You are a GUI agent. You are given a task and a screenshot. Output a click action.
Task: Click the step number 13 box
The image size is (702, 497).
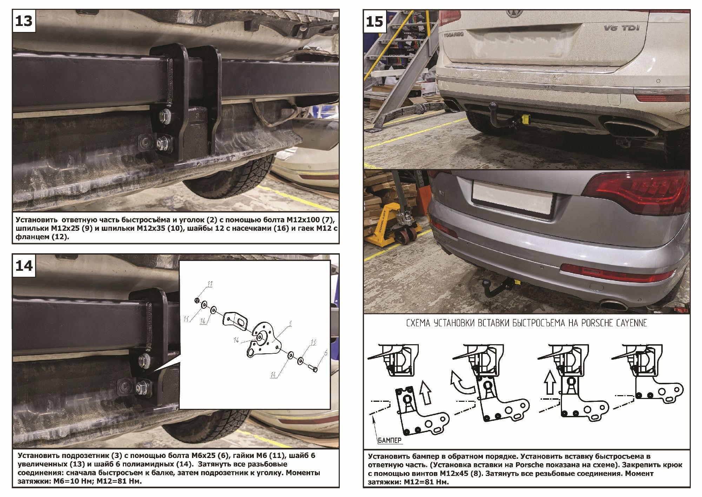24,21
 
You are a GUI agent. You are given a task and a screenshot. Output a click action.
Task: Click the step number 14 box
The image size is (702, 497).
24,266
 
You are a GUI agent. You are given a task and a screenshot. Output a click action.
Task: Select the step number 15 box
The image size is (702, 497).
375,21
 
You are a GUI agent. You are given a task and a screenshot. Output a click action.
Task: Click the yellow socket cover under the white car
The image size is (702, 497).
525,118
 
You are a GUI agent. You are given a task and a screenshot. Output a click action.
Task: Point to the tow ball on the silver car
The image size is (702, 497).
487,283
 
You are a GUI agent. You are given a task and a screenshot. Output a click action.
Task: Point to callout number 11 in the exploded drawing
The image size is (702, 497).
210,284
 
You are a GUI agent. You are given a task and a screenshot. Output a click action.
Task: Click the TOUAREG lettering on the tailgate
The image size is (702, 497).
453,34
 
